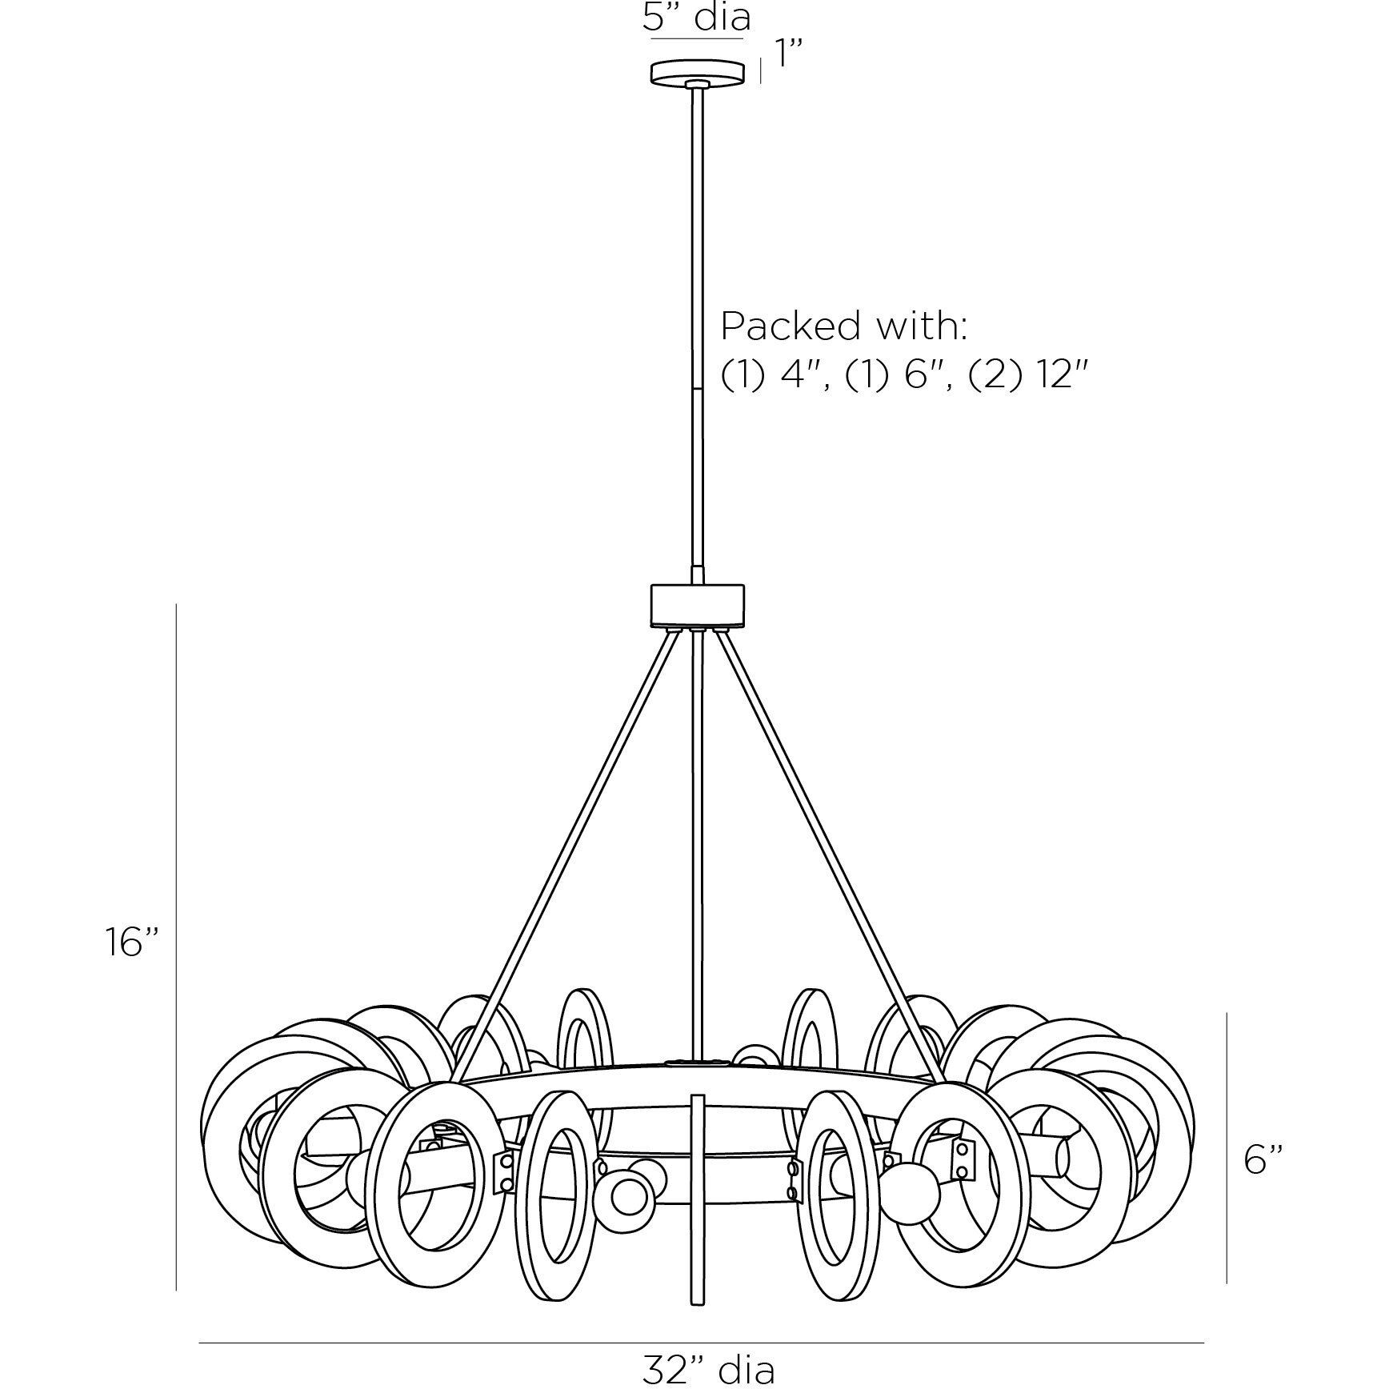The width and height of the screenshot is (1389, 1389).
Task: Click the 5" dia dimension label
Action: [x=696, y=17]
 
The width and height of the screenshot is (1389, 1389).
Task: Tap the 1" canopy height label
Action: [x=788, y=57]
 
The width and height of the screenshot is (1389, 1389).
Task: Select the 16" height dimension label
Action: [x=133, y=941]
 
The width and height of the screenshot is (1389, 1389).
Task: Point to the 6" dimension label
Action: [x=1263, y=1159]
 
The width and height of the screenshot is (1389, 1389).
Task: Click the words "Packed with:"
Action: [x=845, y=326]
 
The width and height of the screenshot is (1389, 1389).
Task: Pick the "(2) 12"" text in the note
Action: [x=1030, y=374]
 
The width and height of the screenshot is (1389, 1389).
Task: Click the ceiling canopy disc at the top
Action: [x=698, y=72]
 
